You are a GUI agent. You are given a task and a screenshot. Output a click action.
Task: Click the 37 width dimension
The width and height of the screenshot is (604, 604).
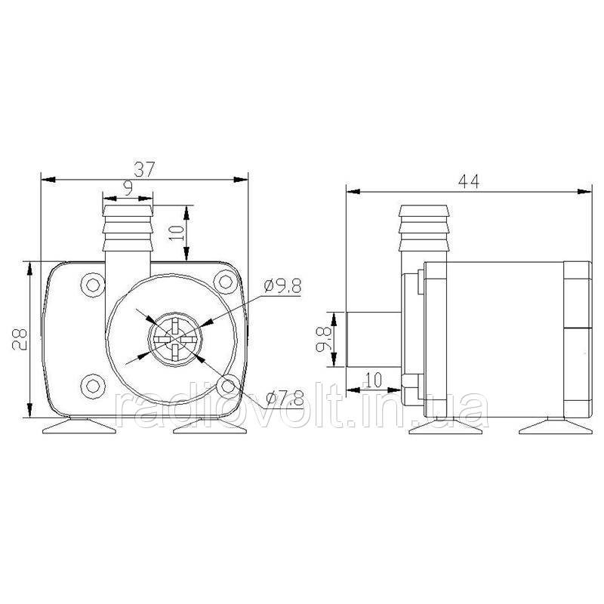click(144, 169)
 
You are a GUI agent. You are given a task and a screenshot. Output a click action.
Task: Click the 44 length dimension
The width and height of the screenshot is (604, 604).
click(469, 181)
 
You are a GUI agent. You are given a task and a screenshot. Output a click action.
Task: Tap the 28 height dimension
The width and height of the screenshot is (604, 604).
click(20, 339)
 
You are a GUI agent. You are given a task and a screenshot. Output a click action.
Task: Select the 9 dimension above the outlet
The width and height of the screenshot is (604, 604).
click(128, 188)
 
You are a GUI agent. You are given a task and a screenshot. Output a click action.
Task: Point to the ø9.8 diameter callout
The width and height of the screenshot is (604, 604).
click(283, 286)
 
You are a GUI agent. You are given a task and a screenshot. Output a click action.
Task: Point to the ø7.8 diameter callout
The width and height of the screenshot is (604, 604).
click(285, 398)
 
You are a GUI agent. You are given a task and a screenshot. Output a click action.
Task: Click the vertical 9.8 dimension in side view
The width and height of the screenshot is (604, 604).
click(323, 339)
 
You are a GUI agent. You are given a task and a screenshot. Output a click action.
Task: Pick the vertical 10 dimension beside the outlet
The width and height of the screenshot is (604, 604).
click(177, 233)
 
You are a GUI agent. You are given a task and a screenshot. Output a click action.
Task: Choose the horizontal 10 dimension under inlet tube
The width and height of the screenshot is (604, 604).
click(372, 380)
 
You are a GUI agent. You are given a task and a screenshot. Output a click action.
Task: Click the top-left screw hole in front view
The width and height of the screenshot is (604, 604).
click(93, 285)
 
